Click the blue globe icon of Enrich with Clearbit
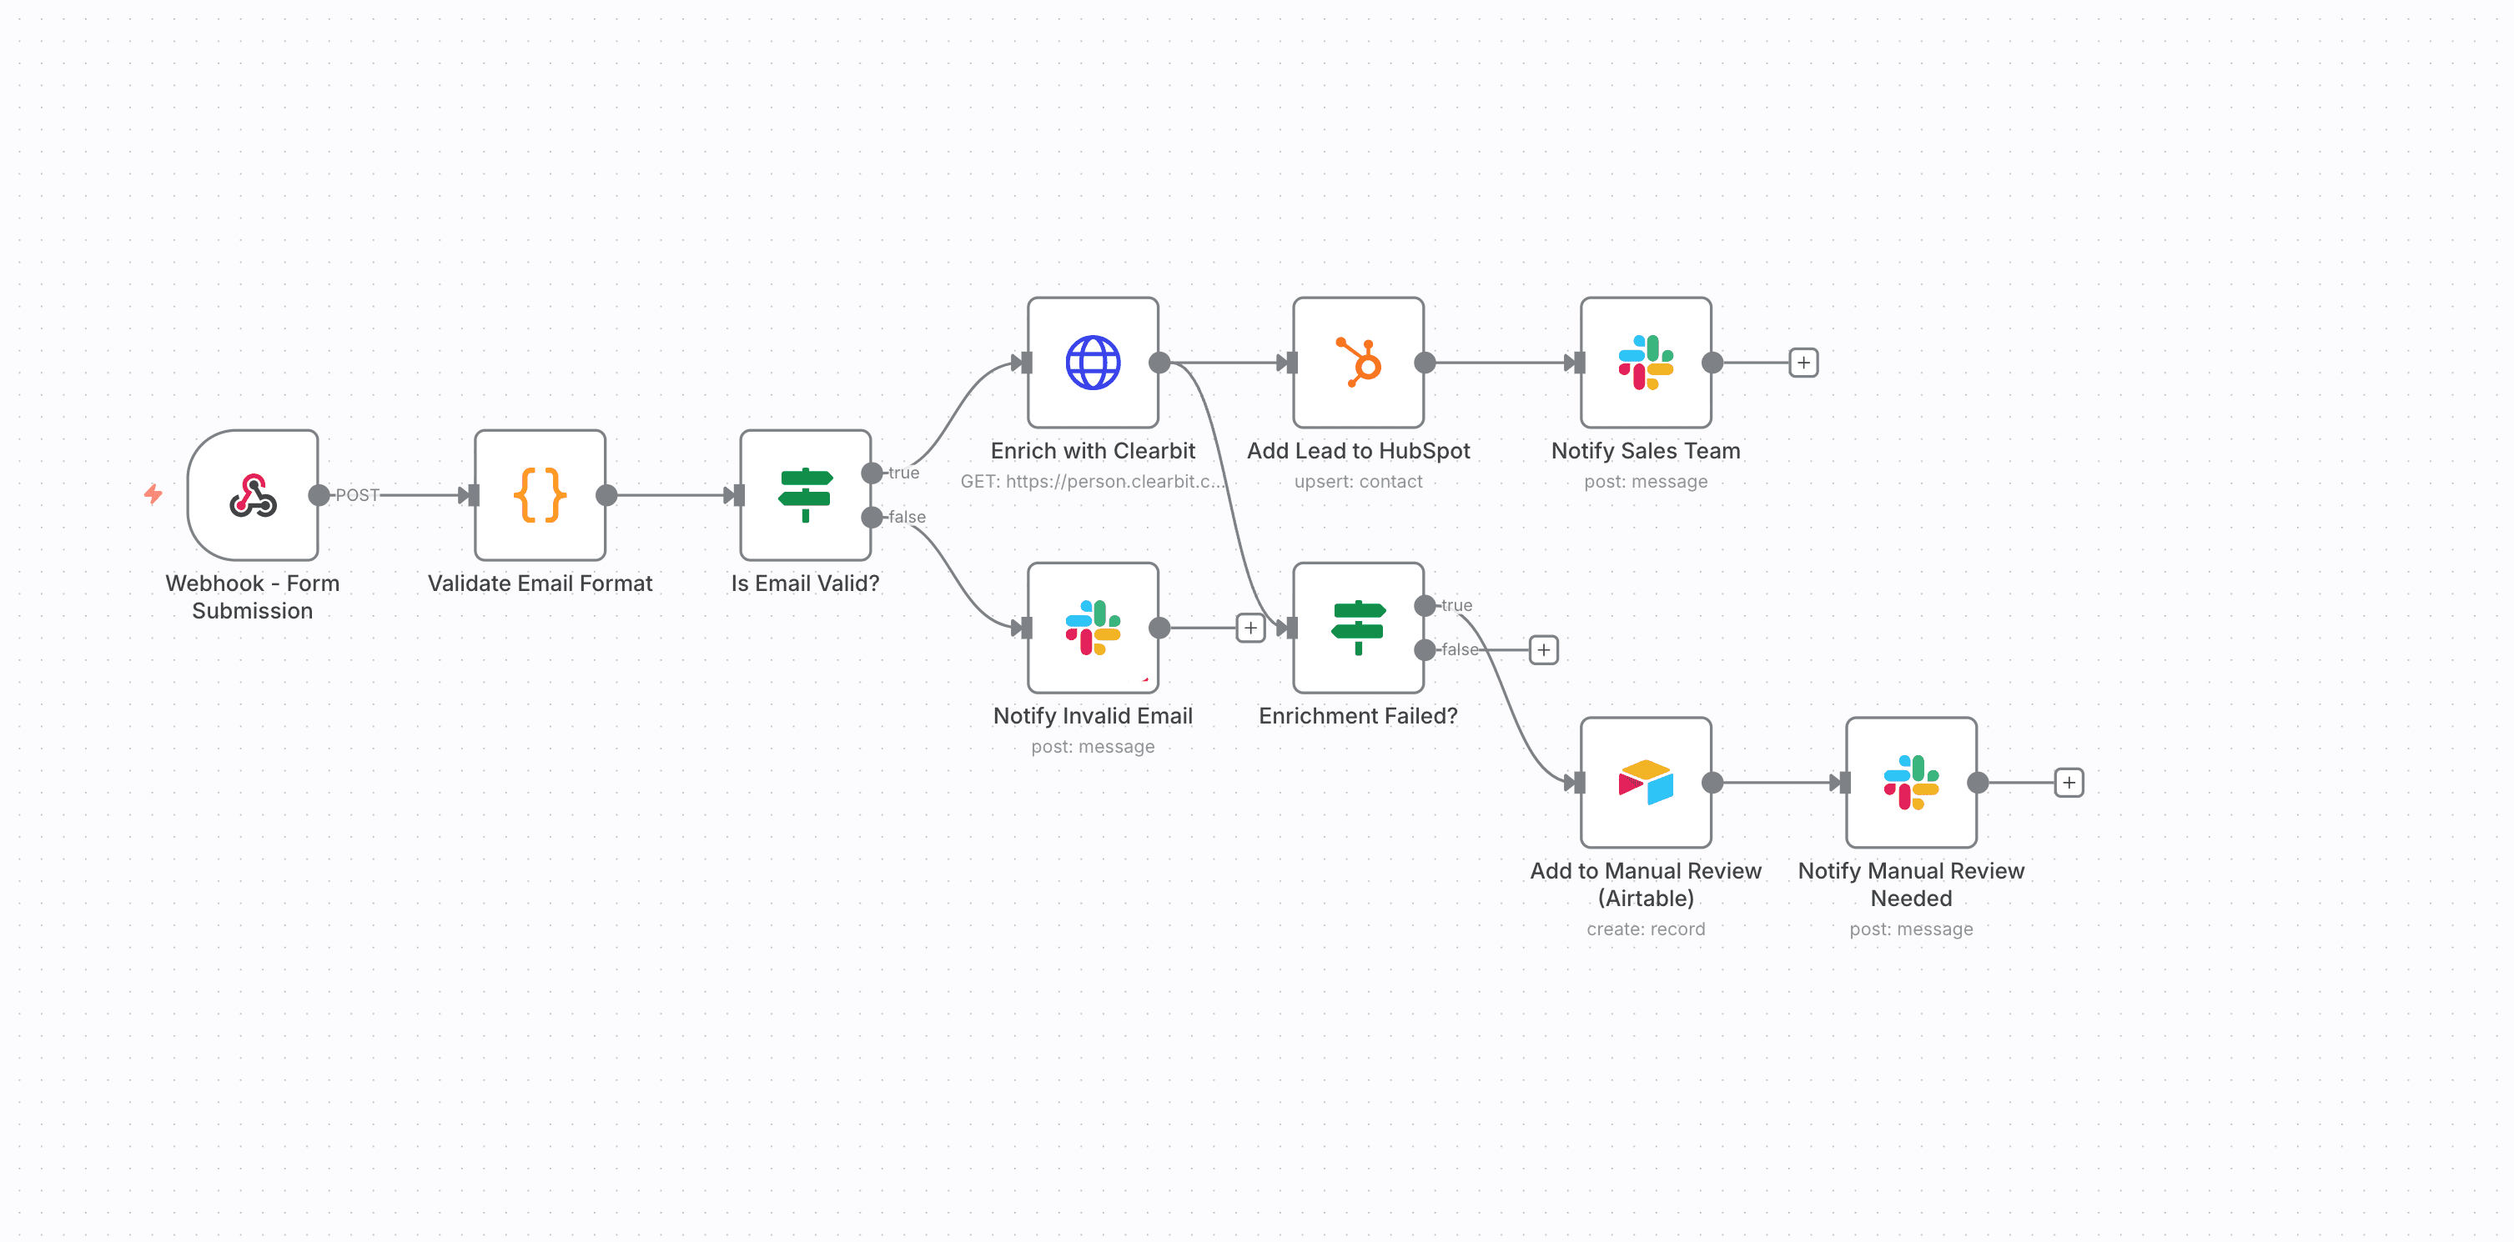[1092, 363]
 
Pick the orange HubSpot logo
[1358, 363]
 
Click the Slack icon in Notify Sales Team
[1646, 363]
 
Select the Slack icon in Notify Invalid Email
[1092, 628]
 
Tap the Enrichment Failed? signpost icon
[1358, 628]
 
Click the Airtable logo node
[1646, 783]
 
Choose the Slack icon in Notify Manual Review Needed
[1911, 783]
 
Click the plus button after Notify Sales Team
[1803, 363]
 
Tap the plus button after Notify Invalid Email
[1250, 628]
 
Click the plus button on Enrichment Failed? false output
[1543, 650]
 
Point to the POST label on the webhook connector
[357, 496]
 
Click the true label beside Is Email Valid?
[903, 473]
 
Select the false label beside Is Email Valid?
[907, 517]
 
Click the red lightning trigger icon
[153, 494]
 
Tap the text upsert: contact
[1358, 481]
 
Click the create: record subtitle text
[1646, 929]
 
